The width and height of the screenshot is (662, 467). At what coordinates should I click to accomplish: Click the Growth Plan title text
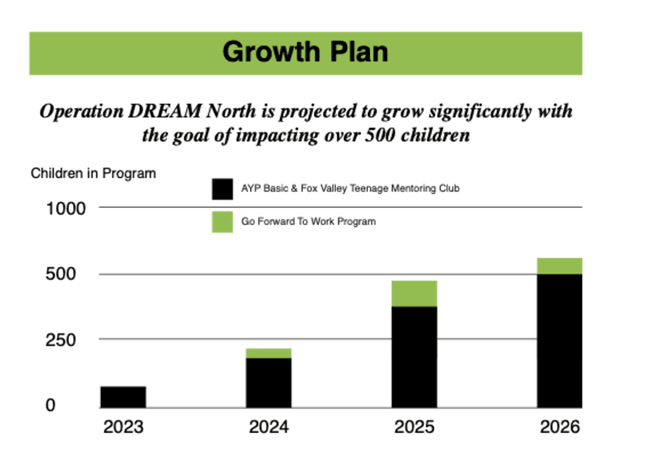(305, 53)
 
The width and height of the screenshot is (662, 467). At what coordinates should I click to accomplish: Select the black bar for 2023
(123, 396)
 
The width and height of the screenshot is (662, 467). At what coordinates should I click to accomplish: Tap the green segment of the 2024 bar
(269, 353)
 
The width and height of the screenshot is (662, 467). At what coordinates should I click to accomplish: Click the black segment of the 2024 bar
(269, 382)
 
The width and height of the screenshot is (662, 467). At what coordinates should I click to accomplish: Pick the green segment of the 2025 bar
(414, 293)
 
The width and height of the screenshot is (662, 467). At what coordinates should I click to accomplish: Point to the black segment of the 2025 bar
(414, 357)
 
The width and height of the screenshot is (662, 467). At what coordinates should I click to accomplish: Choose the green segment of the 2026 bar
(560, 266)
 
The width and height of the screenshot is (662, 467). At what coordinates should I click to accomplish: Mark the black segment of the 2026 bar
(560, 341)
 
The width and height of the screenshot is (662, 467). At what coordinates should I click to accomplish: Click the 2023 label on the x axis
(122, 427)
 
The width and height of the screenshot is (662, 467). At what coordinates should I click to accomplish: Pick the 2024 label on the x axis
(268, 427)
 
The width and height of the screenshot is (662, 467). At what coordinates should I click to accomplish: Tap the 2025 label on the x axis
(414, 427)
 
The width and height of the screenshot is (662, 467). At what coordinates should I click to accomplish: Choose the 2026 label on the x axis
(560, 427)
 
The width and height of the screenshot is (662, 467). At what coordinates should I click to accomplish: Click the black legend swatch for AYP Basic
(222, 189)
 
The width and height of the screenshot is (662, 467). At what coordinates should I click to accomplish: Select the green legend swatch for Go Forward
(222, 222)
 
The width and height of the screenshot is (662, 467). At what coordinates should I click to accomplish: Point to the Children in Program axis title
(93, 173)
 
